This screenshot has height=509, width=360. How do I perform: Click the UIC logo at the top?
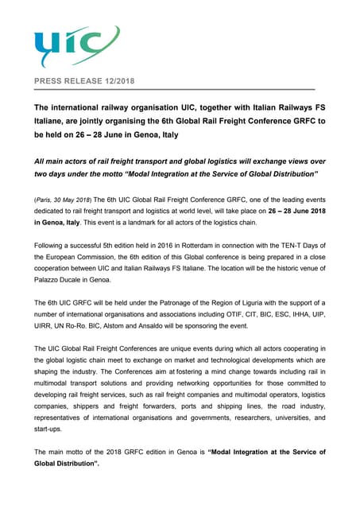click(76, 47)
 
